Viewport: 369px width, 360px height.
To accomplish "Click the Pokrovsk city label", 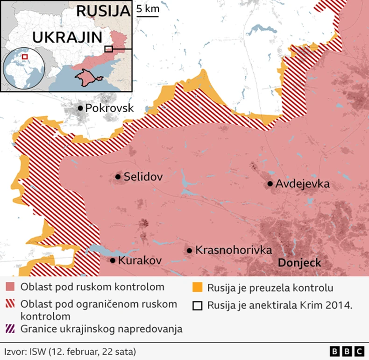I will coord(110,108).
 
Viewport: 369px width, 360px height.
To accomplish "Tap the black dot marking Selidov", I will coord(118,177).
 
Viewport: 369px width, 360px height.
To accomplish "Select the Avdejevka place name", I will coord(303,184).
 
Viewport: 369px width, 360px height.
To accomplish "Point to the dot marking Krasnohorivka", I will coord(189,251).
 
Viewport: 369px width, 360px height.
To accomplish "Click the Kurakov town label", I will coord(141,260).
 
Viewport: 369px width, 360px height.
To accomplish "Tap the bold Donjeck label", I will coord(299,263).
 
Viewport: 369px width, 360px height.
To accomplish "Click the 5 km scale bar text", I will coord(147,8).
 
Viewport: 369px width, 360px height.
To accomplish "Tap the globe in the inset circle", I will coord(23,69).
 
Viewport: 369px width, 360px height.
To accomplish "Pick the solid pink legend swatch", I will coord(10,287).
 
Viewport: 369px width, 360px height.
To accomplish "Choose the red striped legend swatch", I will coord(10,304).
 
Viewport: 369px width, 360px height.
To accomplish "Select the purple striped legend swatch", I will coord(10,329).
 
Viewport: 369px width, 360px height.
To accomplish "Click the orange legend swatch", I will coord(198,287).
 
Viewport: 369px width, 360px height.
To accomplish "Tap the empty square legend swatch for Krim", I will coord(198,305).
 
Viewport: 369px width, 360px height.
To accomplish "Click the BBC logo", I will coord(347,351).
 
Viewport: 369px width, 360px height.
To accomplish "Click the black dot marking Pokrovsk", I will coord(80,108).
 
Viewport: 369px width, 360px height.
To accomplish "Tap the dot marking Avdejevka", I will coord(270,184).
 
